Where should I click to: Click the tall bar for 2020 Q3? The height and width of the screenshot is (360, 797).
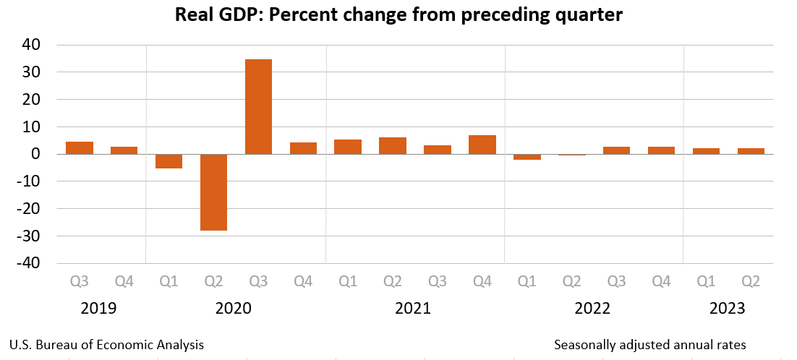[258, 106]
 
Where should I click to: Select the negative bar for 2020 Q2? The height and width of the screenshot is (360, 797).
[213, 192]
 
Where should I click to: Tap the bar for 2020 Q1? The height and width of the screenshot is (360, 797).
[169, 161]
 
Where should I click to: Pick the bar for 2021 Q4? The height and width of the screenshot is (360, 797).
[482, 145]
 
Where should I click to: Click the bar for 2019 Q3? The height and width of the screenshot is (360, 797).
[80, 147]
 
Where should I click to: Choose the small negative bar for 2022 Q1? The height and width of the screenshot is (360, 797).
[527, 157]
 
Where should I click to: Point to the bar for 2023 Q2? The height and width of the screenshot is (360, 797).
[751, 151]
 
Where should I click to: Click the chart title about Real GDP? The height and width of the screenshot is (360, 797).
[399, 15]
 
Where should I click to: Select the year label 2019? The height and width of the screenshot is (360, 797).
[99, 309]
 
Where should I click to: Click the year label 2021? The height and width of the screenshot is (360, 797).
[413, 309]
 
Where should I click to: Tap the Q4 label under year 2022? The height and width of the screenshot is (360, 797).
[662, 281]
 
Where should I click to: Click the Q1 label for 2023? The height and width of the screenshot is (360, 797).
[707, 281]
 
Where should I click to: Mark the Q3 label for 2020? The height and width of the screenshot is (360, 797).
[258, 281]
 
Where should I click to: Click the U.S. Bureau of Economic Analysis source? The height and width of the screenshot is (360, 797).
[107, 345]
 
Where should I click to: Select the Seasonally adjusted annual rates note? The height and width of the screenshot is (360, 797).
[649, 345]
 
